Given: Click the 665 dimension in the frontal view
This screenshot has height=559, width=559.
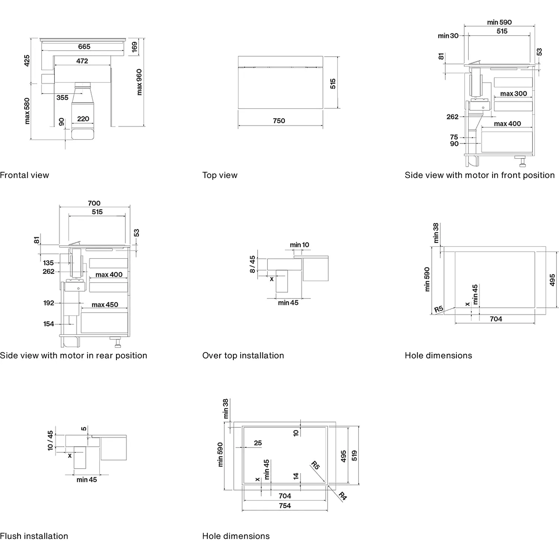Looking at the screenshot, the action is [x=84, y=47].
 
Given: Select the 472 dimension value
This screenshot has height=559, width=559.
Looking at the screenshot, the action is [x=82, y=61].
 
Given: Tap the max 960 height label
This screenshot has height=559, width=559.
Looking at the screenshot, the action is [x=139, y=82].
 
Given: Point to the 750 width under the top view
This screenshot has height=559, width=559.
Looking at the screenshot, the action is [x=279, y=121].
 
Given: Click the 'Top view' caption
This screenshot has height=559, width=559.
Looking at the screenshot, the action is [x=220, y=175].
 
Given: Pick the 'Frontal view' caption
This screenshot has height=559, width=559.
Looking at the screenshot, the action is [x=25, y=175].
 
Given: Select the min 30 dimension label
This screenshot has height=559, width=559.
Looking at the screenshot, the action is [x=448, y=36].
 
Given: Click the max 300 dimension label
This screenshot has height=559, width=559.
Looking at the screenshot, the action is [x=514, y=94].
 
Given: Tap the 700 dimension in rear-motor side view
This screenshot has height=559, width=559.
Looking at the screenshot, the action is [x=94, y=203].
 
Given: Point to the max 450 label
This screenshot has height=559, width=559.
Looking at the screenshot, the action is [x=105, y=305].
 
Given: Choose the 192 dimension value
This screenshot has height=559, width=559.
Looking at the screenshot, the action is [x=48, y=303].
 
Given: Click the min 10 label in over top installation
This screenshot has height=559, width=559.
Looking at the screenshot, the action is [x=299, y=245].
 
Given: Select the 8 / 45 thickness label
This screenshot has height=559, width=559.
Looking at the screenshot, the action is [x=252, y=264].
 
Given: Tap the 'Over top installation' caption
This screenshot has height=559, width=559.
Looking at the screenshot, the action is [x=243, y=356].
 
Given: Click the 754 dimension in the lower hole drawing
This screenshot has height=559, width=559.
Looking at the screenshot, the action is [x=285, y=506].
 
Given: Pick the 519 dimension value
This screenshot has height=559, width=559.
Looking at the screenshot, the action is [x=354, y=456].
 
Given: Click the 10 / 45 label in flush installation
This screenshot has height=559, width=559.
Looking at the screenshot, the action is [x=50, y=441].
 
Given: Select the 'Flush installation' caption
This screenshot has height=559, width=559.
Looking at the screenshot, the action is [x=34, y=536].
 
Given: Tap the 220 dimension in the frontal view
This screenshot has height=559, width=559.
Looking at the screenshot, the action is [x=83, y=119].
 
